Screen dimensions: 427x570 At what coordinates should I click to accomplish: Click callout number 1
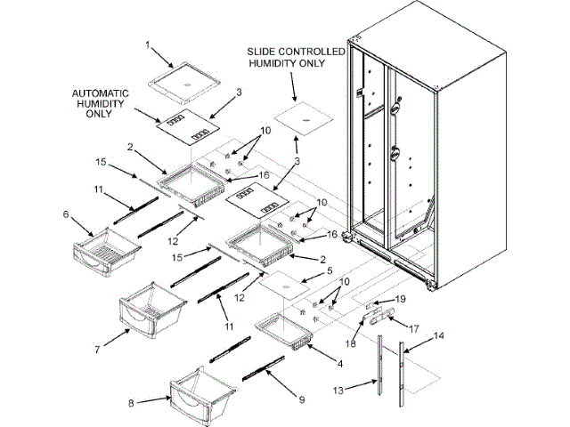149,44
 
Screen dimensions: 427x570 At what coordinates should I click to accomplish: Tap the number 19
400,298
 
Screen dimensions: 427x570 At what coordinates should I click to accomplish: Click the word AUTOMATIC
101,93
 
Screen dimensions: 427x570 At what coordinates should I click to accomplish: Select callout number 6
65,213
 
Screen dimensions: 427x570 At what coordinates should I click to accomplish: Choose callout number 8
130,403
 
